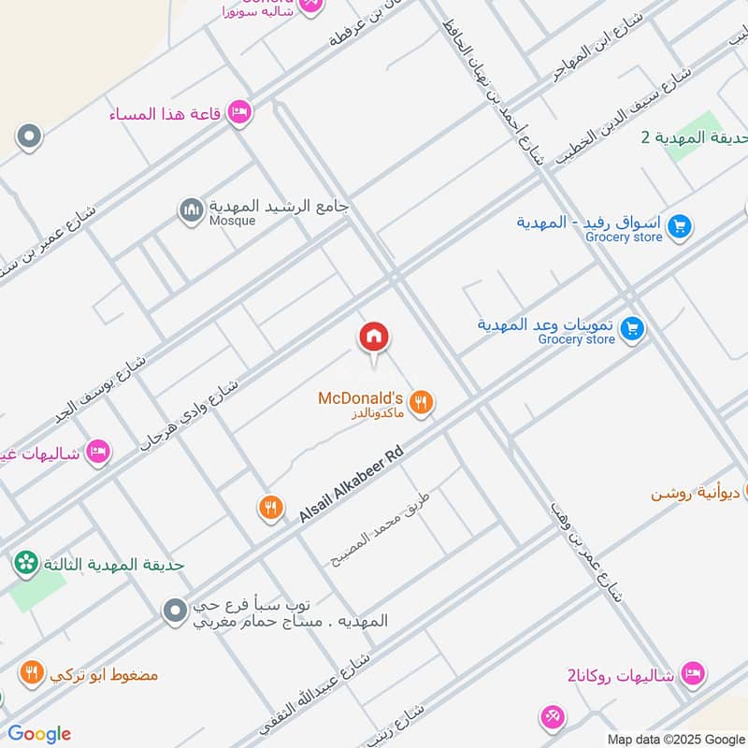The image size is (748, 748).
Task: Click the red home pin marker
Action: (374, 338)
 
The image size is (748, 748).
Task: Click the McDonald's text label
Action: (360, 398)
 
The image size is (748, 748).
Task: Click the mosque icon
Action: (192, 211)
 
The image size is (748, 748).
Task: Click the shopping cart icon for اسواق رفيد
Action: (680, 225)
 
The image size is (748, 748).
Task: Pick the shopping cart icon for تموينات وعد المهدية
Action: (633, 328)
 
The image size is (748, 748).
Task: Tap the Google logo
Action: (39, 734)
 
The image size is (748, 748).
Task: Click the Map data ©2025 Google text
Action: (676, 739)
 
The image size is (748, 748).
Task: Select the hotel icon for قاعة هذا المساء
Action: (239, 113)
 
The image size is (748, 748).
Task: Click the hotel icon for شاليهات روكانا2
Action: (692, 672)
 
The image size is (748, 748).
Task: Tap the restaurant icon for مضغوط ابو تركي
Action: (31, 672)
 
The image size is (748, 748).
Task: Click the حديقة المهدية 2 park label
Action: (694, 137)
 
